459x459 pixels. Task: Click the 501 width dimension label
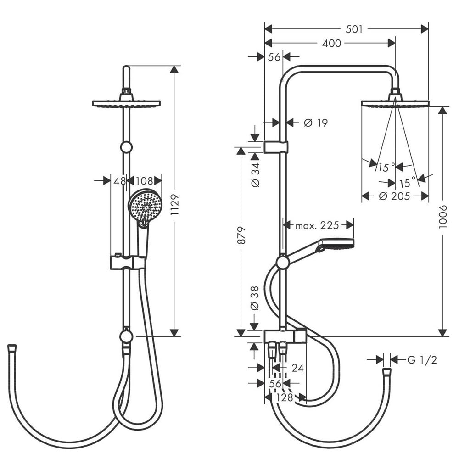(354, 29)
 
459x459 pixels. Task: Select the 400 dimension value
(331, 43)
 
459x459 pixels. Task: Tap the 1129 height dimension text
(174, 205)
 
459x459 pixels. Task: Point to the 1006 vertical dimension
(443, 217)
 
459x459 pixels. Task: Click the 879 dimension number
(241, 235)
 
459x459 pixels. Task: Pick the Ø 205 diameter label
(394, 196)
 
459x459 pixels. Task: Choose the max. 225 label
(317, 225)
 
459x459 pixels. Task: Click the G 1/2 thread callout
(422, 360)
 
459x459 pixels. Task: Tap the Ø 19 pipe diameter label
(316, 123)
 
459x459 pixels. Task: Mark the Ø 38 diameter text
(255, 298)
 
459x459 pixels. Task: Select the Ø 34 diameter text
(255, 175)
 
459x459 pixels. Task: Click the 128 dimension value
(285, 397)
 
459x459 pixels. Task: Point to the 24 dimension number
(298, 368)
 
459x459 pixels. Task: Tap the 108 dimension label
(144, 181)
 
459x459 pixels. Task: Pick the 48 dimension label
(120, 181)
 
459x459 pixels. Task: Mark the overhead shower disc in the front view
(127, 103)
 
